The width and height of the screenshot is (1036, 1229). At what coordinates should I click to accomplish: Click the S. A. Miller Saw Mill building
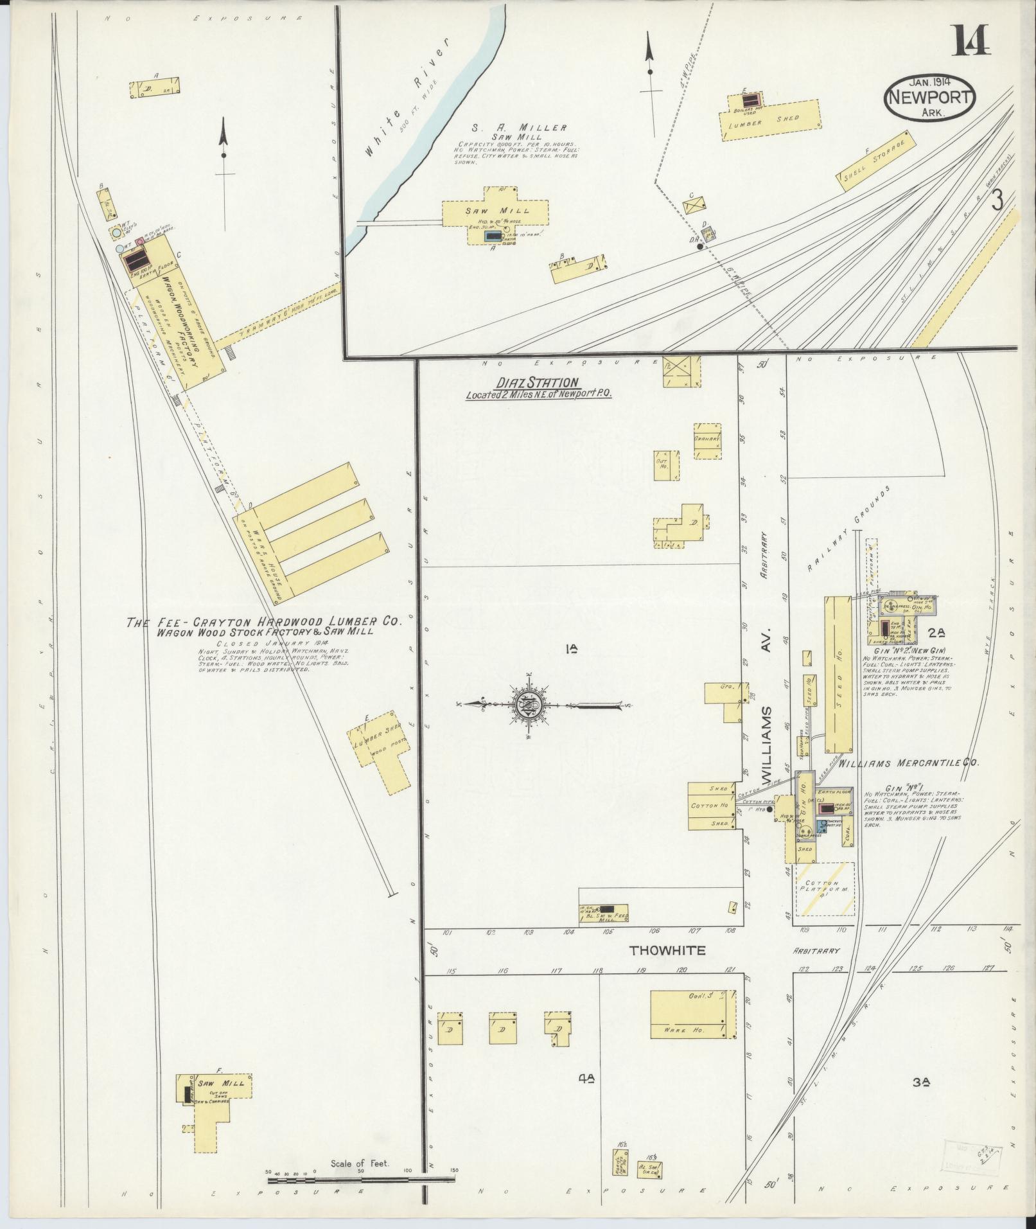click(495, 211)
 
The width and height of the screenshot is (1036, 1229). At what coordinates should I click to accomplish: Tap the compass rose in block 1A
click(529, 705)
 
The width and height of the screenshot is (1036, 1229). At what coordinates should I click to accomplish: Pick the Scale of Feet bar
click(362, 1180)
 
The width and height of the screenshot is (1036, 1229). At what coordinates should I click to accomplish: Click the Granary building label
click(708, 439)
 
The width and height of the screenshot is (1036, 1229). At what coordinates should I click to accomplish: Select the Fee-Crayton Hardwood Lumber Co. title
click(263, 623)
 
